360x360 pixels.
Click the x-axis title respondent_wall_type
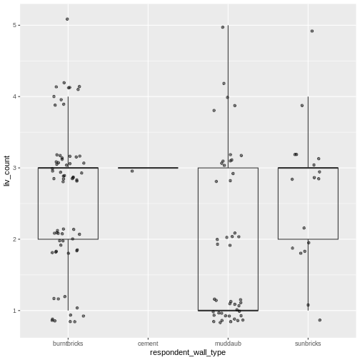click(188, 352)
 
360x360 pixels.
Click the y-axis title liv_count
click(6, 171)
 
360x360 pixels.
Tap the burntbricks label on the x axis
click(68, 343)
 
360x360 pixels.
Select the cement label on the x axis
click(148, 343)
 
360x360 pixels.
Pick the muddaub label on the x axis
click(228, 343)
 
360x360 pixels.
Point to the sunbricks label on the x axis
click(308, 343)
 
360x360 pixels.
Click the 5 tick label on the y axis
click(16, 26)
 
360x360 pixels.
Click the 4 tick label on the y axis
click(16, 96)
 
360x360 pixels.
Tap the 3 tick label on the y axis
click(16, 168)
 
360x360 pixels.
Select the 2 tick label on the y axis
click(16, 239)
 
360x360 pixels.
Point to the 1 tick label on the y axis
click(16, 311)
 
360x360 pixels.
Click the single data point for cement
click(132, 171)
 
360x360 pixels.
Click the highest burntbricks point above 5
click(67, 19)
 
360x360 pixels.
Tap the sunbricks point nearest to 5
click(312, 31)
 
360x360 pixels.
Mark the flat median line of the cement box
click(148, 168)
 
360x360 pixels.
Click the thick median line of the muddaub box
click(228, 311)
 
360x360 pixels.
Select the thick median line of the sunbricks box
click(308, 168)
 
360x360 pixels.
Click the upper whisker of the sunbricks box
click(308, 132)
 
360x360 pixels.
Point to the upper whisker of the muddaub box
click(228, 96)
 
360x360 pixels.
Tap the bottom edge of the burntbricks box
click(68, 239)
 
